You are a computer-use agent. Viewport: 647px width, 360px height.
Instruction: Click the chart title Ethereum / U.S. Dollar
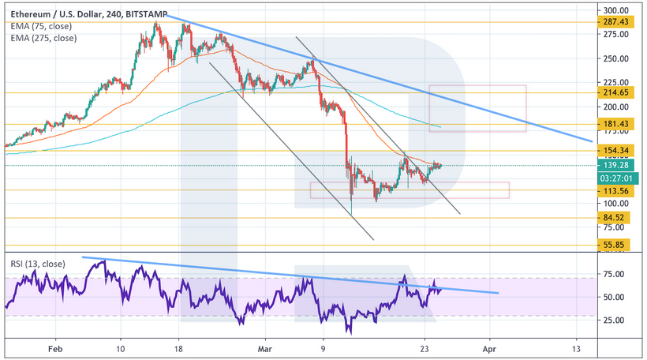coord(56,9)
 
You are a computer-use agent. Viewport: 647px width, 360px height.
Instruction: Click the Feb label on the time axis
coord(54,347)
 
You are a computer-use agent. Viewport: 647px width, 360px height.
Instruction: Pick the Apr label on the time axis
coord(490,347)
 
